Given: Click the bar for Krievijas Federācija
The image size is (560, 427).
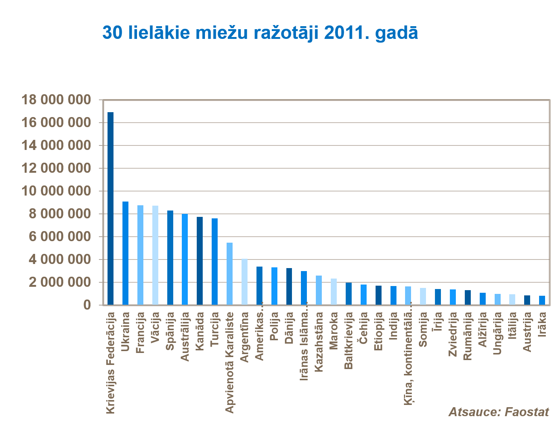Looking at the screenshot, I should tap(111, 208).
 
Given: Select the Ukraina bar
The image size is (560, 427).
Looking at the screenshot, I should tap(125, 253).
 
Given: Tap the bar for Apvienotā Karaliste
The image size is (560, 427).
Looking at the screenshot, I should tap(230, 274).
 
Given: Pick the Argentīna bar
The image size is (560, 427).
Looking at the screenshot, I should tap(245, 282).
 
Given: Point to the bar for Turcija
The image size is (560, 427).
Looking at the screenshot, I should tap(215, 261).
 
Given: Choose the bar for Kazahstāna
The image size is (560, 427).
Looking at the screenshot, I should tap(319, 290).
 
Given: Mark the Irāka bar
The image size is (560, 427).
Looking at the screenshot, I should tap(542, 300).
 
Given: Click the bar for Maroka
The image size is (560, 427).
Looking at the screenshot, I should tap(334, 292).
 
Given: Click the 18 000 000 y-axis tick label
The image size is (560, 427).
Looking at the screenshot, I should tap(56, 100).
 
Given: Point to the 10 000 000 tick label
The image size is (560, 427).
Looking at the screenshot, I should tap(56, 191).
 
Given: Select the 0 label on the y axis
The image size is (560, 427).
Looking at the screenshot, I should tap(87, 305).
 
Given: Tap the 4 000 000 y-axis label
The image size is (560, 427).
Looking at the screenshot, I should tap(60, 259).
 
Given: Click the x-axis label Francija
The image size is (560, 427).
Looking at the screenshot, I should tap(140, 333).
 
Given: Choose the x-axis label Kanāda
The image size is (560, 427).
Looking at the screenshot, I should tap(200, 331).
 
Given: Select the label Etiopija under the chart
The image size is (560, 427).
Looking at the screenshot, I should tap(379, 331).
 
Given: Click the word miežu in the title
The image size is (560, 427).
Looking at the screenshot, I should tap(222, 33).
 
